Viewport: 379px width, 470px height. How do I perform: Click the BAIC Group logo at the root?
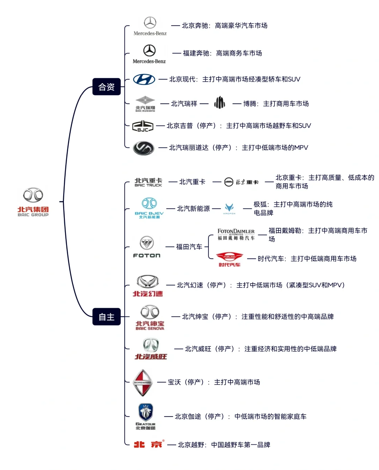click(x=33, y=201)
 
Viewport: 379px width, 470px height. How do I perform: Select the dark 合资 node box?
click(x=106, y=87)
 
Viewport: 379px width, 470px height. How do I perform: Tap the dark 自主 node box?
click(x=106, y=317)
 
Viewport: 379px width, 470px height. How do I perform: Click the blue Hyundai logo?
click(x=144, y=79)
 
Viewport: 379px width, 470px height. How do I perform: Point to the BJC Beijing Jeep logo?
click(x=142, y=126)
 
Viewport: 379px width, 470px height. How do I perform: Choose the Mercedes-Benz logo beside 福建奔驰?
click(x=149, y=54)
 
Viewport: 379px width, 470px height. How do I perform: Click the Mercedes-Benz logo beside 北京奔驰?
click(x=150, y=26)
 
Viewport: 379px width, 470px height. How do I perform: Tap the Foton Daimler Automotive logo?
click(x=236, y=234)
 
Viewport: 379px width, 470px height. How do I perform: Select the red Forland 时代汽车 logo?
click(x=230, y=259)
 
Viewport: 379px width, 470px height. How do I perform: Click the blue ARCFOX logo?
click(x=229, y=208)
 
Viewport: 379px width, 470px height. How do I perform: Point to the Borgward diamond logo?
click(x=143, y=383)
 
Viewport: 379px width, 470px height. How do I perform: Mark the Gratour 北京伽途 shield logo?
click(x=146, y=417)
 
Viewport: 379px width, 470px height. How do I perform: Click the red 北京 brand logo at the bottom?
click(x=148, y=444)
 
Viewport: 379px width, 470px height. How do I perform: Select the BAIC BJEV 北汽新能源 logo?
click(x=149, y=208)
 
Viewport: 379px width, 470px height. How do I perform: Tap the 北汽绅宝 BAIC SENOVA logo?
click(x=150, y=317)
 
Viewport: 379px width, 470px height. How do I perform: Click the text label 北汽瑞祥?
click(x=184, y=104)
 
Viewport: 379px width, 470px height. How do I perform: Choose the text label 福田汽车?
click(x=189, y=247)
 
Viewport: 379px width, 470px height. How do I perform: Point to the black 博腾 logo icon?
click(x=220, y=103)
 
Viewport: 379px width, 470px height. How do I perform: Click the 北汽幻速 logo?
click(x=148, y=286)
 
